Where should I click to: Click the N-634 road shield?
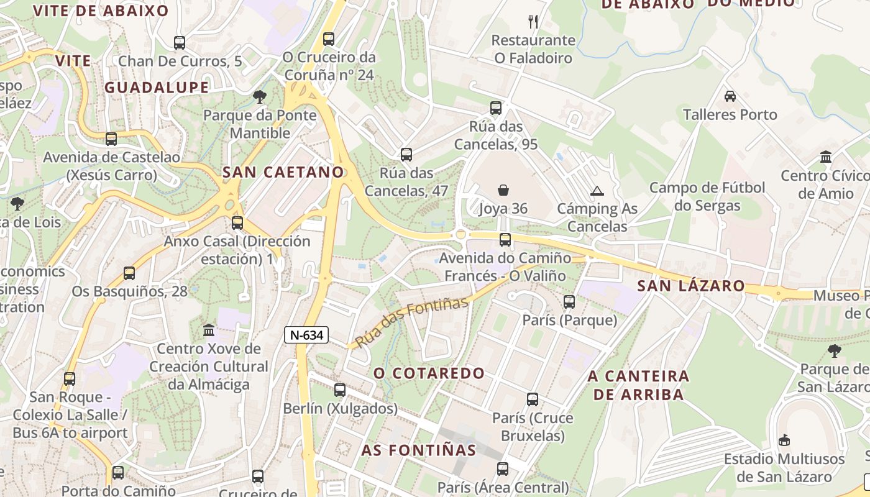(306, 335)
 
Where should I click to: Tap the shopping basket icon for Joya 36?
(503, 190)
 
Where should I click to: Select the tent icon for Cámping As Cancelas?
(597, 191)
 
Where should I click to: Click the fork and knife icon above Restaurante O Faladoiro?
(533, 22)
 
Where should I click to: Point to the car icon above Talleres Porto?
(730, 96)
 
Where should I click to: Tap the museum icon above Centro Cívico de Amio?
(826, 157)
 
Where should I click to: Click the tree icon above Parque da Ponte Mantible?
(260, 97)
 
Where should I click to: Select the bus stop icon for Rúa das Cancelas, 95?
(495, 108)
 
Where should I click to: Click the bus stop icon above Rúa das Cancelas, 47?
(406, 155)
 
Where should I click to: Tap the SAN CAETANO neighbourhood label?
(283, 172)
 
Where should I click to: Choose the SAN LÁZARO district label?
(691, 286)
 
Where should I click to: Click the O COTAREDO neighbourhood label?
(429, 373)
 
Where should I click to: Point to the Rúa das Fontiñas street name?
(411, 322)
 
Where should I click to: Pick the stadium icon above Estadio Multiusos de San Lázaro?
(784, 440)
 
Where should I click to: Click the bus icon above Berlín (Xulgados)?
(339, 390)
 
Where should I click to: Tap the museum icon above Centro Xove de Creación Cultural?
(209, 330)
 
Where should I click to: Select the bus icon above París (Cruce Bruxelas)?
(533, 399)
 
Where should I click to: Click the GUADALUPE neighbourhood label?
(157, 88)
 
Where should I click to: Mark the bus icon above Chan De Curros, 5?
(180, 43)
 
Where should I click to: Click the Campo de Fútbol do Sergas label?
(707, 196)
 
